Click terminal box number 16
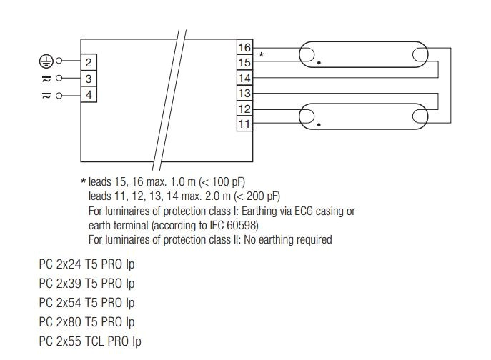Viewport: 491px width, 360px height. pos(244,48)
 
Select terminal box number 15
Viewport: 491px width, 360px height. pos(244,63)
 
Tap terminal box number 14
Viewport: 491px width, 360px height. pos(244,79)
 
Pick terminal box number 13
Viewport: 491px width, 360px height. pos(244,94)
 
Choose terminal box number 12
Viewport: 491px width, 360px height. pos(244,109)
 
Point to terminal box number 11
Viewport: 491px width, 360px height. pos(244,124)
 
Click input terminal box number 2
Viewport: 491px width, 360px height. pos(89,64)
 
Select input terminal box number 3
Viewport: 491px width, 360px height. pos(89,79)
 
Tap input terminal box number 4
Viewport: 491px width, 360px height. pos(89,94)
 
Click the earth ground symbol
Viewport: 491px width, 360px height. pos(45,61)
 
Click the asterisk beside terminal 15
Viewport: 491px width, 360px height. pos(261,55)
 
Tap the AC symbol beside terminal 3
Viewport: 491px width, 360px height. pos(46,79)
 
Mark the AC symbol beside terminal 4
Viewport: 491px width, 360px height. pos(46,94)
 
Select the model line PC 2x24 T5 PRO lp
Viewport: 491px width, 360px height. pos(86,264)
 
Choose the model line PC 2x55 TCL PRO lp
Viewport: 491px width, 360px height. pos(90,341)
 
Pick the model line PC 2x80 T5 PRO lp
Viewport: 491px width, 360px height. pos(86,322)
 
